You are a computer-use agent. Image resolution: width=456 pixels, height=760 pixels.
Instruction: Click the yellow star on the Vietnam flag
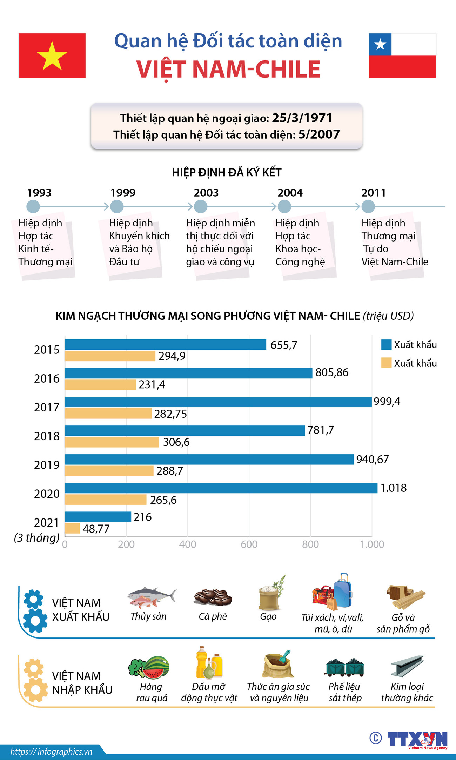tap(52, 56)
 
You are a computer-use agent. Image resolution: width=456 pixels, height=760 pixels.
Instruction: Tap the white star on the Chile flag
tap(380, 45)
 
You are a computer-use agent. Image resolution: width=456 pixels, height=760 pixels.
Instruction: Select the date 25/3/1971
tap(302, 118)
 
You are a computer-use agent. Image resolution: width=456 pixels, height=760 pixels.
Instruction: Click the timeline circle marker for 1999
tap(117, 206)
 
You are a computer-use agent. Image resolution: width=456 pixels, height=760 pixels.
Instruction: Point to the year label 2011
tap(373, 192)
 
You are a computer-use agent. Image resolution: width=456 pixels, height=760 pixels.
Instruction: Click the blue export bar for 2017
tap(218, 402)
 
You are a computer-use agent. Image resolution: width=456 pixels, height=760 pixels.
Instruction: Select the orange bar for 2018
tap(112, 442)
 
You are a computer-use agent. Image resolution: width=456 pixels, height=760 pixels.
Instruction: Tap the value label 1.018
tap(393, 488)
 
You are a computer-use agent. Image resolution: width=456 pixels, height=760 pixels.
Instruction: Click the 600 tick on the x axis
tap(249, 544)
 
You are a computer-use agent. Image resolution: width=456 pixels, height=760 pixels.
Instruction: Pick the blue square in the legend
tap(386, 344)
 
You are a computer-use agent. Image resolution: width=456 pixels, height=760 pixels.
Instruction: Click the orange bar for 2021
tap(73, 528)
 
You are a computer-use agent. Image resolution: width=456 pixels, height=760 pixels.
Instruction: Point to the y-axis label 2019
tap(47, 465)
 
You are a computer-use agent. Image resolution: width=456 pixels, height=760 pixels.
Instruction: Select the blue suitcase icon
tap(343, 592)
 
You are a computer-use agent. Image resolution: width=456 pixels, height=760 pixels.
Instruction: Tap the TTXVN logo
tap(417, 739)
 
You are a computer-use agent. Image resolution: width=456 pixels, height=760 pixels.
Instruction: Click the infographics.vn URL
tap(51, 751)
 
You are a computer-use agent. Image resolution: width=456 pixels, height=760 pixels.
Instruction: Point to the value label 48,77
tap(96, 528)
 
